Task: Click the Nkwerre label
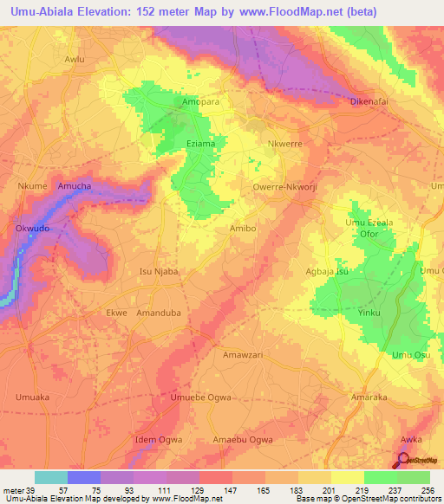285,145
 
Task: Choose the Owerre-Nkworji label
281,185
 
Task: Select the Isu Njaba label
159,271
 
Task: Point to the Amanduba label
158,313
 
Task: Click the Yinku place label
369,313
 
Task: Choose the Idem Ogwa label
159,440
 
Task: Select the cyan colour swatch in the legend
50,477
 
